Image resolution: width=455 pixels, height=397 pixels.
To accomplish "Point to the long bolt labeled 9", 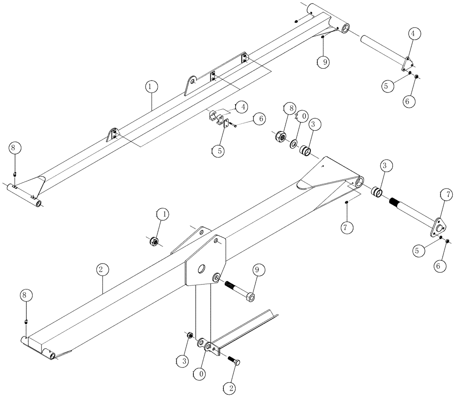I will (x=238, y=290).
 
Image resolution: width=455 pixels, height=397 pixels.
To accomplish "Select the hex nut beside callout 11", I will (x=154, y=241).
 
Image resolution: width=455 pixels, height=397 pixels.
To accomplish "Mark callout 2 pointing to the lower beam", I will (x=102, y=270).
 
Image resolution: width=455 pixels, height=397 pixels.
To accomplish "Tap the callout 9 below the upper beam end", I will (x=323, y=63).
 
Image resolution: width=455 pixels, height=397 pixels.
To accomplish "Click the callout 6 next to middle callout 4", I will (x=260, y=119).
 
